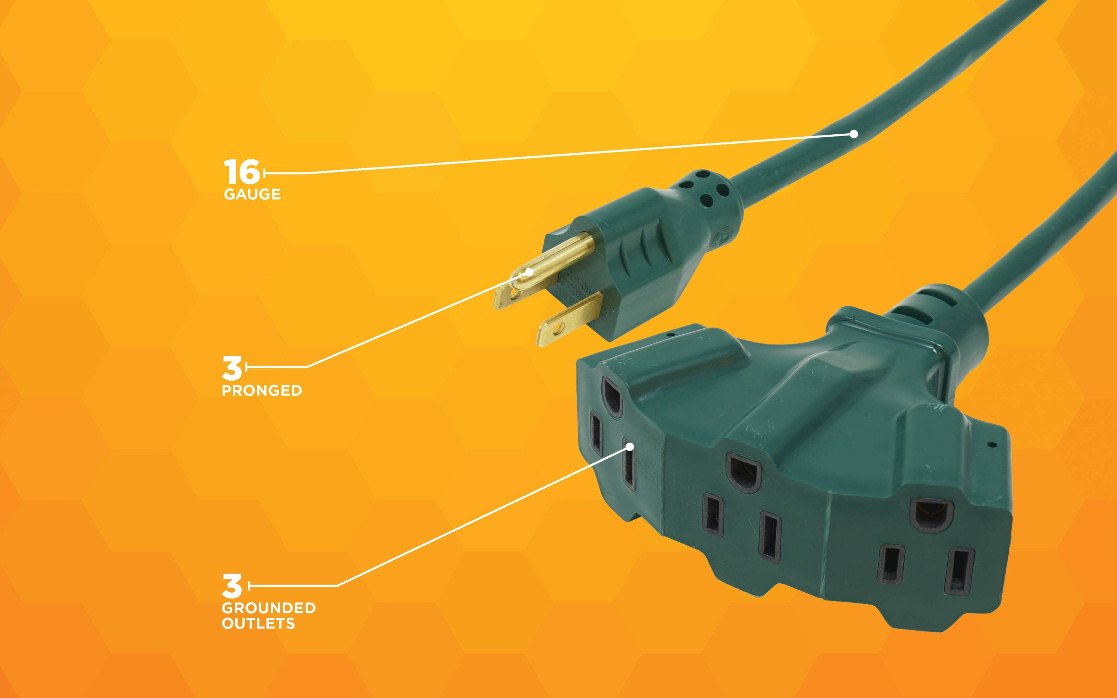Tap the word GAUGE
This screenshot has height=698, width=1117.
coord(252,194)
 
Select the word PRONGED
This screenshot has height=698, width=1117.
coord(262,391)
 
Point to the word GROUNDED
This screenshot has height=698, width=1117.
coord(268,608)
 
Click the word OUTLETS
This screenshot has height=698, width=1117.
coord(258,624)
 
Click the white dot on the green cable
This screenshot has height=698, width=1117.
coord(854,134)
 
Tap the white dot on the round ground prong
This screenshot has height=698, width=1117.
coord(529,271)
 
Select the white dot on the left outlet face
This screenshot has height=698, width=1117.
coord(630,446)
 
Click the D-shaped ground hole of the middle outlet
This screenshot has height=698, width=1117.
coord(744,472)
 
